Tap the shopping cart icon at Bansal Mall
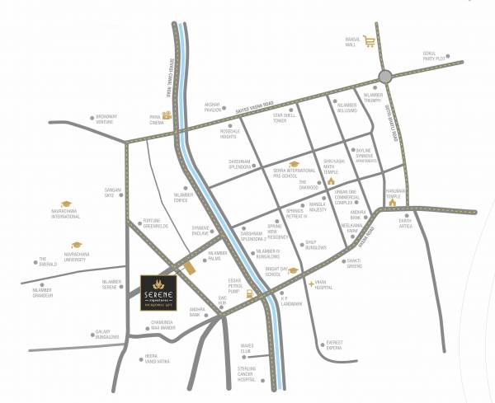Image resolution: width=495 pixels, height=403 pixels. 370,42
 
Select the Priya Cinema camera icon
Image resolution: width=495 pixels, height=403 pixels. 167,115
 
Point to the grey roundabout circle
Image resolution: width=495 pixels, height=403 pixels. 386,76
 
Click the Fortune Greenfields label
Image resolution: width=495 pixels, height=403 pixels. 157,223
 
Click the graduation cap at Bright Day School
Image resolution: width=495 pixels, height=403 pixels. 293,270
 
